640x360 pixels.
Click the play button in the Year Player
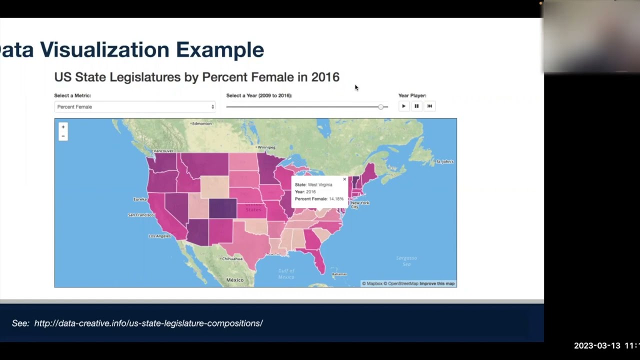[x=403, y=106]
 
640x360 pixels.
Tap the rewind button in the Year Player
[x=429, y=106]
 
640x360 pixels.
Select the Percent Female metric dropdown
[x=135, y=106]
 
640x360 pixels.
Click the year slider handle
[x=381, y=106]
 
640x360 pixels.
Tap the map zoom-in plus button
[x=63, y=127]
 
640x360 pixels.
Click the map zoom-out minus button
[x=63, y=136]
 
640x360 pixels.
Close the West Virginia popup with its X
[x=344, y=179]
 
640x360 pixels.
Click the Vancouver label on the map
[x=163, y=150]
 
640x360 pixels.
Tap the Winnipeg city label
[x=266, y=147]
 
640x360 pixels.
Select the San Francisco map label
[x=141, y=215]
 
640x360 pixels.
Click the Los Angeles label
[x=160, y=236]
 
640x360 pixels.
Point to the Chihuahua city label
[x=232, y=259]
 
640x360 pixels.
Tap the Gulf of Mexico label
[x=286, y=274]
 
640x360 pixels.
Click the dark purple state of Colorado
[x=222, y=208]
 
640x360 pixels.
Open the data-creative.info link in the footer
[x=148, y=323]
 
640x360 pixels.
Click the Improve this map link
[x=437, y=283]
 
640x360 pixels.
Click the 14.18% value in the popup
[x=336, y=199]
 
